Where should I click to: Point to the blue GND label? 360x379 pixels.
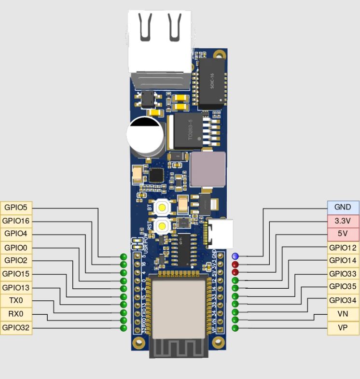(x=343, y=207)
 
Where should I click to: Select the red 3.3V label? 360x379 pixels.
(x=343, y=221)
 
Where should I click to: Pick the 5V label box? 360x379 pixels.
(x=343, y=234)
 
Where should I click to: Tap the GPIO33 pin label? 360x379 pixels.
(x=343, y=274)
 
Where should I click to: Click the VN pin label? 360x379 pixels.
(x=343, y=313)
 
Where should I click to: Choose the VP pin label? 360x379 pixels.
(x=343, y=327)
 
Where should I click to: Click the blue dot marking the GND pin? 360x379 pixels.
(x=235, y=256)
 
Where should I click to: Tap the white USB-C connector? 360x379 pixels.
(x=222, y=233)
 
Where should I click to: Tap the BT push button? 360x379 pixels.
(x=163, y=208)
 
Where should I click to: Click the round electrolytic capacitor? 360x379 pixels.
(x=145, y=138)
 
